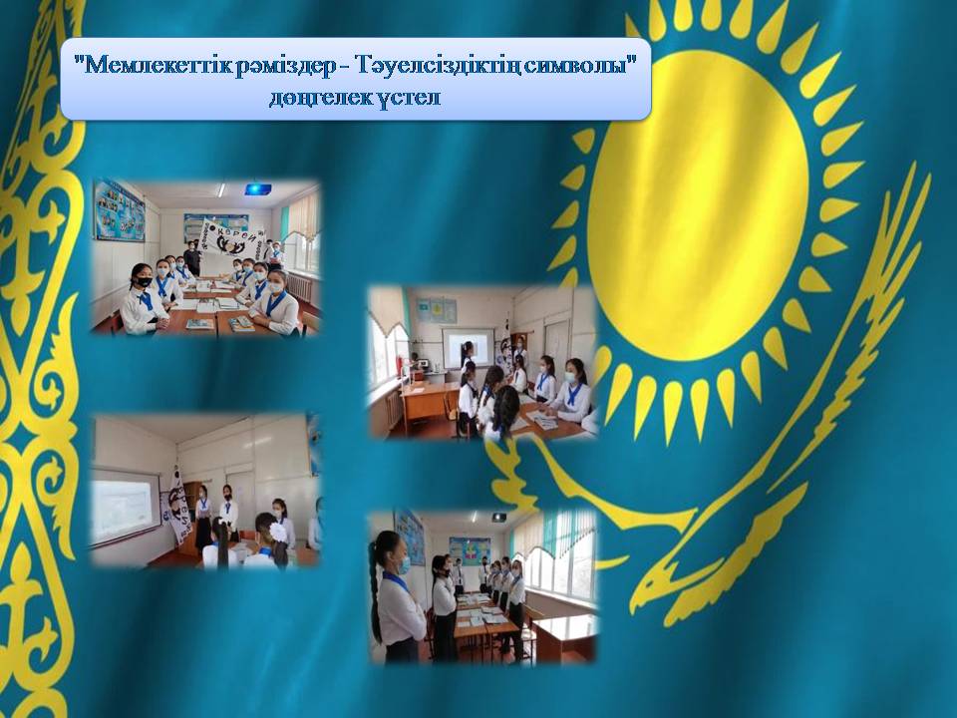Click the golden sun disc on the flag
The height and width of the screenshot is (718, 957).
698,205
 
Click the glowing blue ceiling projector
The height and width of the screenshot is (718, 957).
257,189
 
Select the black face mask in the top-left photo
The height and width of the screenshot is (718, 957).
144,281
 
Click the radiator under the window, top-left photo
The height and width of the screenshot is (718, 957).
300,286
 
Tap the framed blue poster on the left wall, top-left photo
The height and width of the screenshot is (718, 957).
119,210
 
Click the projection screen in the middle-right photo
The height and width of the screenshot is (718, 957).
469,347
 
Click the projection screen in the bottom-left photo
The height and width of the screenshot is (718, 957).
123,505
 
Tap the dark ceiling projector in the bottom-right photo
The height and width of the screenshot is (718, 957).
498,517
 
